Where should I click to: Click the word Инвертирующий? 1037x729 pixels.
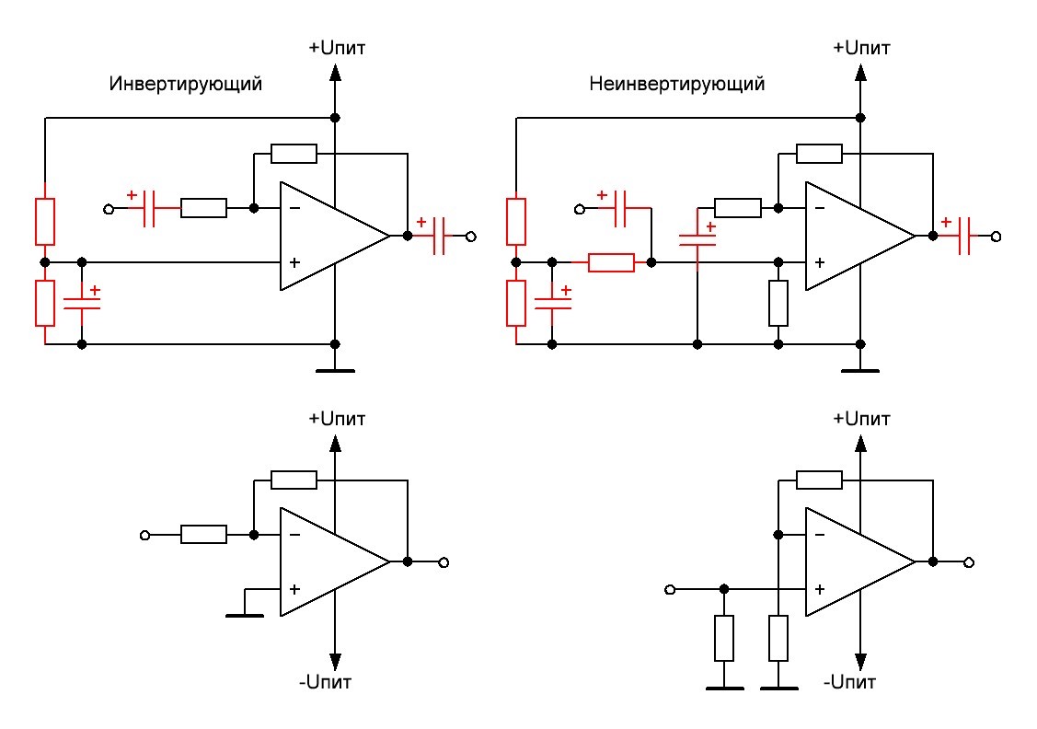pos(186,84)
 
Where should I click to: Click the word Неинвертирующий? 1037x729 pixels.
pos(677,84)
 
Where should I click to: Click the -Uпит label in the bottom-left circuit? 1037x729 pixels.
pos(325,683)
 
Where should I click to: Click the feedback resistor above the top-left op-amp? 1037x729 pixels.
pos(294,153)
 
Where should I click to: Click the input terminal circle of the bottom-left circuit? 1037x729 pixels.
pos(144,534)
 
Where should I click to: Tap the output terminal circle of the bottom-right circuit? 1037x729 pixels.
pos(969,561)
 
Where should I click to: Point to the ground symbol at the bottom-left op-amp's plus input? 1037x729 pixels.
pos(244,614)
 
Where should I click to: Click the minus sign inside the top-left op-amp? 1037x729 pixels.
pos(294,208)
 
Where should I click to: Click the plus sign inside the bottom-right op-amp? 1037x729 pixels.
pos(819,589)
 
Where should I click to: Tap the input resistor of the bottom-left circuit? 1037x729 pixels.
pos(203,534)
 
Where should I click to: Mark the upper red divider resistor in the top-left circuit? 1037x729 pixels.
pos(45,221)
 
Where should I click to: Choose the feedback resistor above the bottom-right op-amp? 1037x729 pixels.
pos(819,479)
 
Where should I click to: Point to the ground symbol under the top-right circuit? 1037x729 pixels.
pos(860,370)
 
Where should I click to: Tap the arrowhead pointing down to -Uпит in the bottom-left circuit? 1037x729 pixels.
pos(335,660)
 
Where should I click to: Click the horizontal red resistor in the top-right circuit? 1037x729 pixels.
pos(611,262)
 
